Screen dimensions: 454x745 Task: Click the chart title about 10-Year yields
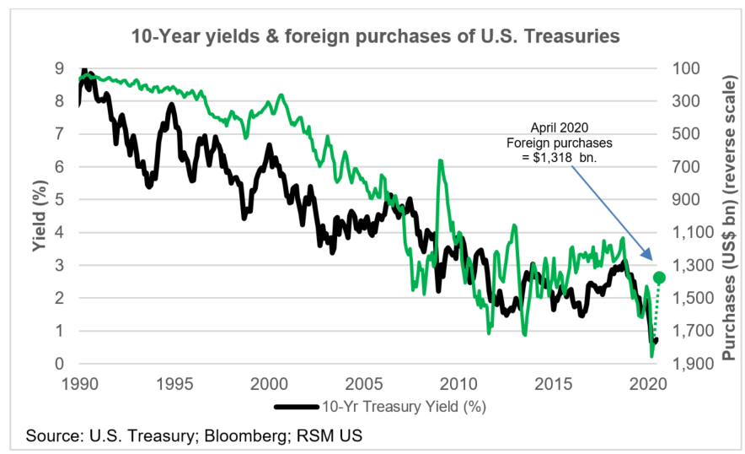(x=375, y=36)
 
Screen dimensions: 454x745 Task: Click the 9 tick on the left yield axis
(x=59, y=68)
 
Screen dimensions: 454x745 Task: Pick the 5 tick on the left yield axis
(x=59, y=200)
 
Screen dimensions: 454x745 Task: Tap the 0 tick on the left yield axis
(x=59, y=365)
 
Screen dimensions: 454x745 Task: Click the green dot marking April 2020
(x=659, y=278)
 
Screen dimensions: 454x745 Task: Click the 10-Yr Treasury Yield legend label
(x=404, y=407)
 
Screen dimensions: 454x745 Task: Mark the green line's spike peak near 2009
(x=439, y=160)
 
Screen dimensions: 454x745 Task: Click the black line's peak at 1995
(x=171, y=105)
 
